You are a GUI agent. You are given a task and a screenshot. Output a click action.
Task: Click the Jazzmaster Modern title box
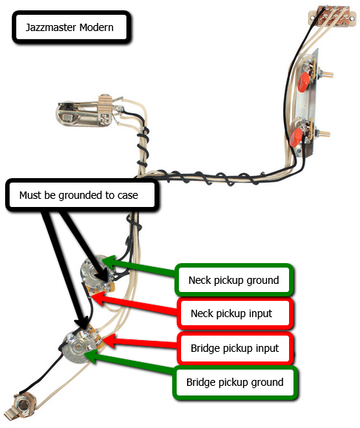71,27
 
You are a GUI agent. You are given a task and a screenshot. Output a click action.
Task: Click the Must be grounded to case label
82,195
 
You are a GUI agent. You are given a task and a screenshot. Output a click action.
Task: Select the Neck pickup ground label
234,280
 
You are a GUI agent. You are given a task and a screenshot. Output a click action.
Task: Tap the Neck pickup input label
235,313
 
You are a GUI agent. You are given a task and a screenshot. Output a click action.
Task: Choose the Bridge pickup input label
235,348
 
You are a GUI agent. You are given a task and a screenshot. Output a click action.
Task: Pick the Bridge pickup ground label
235,382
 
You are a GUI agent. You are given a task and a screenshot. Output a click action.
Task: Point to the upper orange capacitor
304,79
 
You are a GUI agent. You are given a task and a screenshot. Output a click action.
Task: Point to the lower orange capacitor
296,137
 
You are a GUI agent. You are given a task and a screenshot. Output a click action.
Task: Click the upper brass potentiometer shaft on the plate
327,74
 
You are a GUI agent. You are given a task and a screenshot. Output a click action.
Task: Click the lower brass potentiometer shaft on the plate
324,134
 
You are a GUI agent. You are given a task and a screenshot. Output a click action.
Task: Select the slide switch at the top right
333,18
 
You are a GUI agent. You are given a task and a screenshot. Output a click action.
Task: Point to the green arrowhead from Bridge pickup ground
93,356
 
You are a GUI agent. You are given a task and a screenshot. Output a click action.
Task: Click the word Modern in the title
96,27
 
